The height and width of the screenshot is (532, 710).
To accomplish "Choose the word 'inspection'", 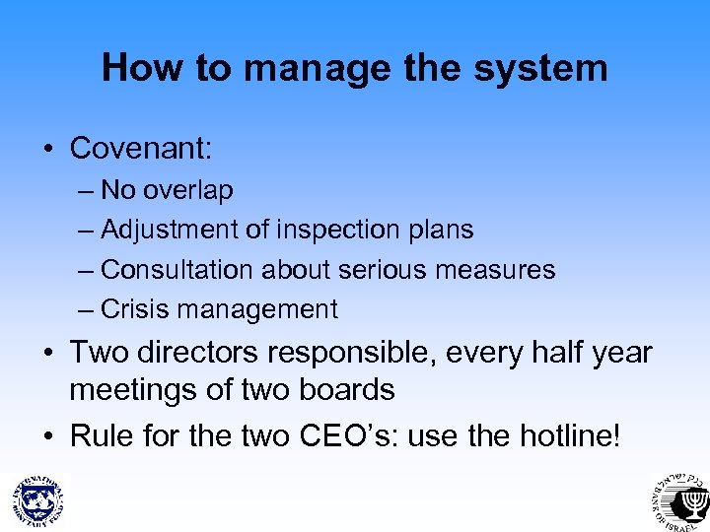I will click(x=333, y=230).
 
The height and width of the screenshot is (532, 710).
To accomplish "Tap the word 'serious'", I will click(x=385, y=269).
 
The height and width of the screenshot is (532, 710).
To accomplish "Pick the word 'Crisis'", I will click(x=131, y=309).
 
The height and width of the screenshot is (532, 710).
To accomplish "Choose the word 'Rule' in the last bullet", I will click(x=104, y=434).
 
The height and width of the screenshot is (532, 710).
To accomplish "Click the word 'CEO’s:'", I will click(x=335, y=434).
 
